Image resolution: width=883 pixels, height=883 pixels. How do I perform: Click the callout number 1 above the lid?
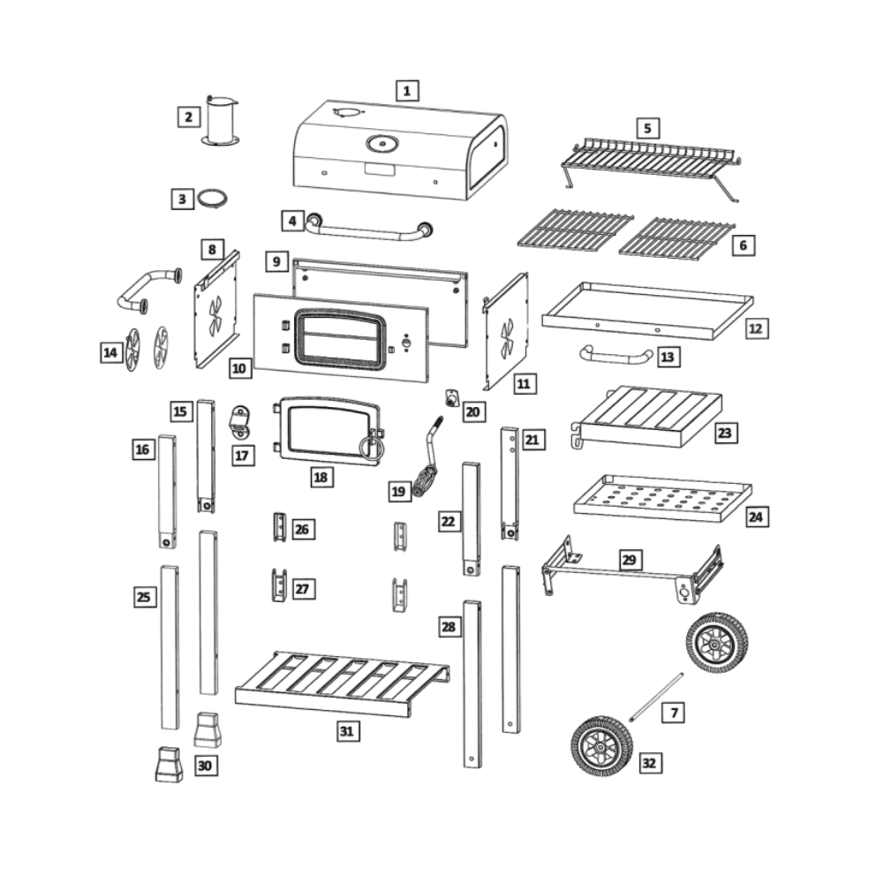[406, 90]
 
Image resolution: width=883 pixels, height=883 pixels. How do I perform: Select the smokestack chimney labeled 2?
[221, 122]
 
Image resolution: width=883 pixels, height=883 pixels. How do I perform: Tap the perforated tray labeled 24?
[662, 497]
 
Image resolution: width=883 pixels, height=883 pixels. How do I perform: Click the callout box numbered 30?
[205, 766]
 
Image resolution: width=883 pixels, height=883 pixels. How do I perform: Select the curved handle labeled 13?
[615, 356]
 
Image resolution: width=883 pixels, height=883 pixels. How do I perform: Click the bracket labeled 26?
[278, 527]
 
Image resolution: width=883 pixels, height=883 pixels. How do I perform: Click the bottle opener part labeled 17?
[240, 422]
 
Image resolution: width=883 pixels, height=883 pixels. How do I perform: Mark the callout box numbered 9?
[276, 262]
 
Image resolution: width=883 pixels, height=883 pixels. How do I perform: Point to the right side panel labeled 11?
[507, 331]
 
